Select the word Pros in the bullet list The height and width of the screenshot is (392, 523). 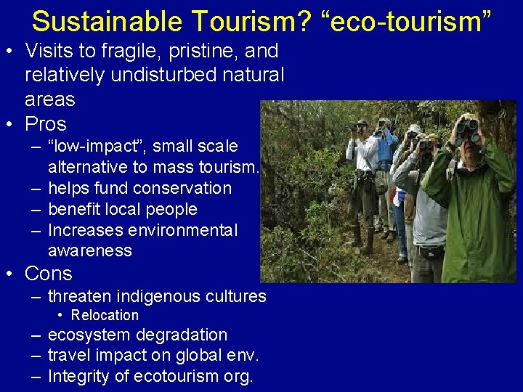46,124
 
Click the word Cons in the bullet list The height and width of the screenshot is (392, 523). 49,274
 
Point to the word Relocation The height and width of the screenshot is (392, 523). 105,315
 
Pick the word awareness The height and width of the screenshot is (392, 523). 90,250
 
